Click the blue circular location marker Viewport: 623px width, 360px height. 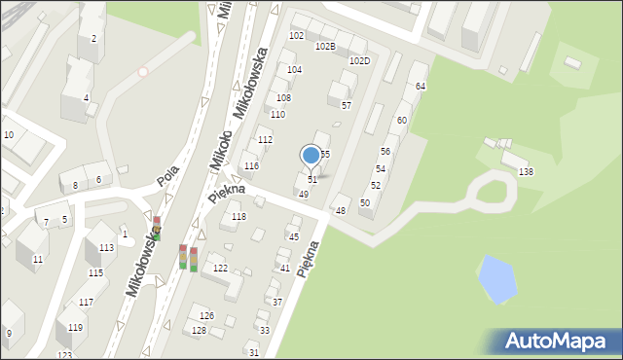coord(311,155)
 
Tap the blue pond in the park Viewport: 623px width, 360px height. coord(496,278)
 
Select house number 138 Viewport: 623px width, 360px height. coord(526,172)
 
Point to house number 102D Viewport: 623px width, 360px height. coord(359,60)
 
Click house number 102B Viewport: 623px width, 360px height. coord(325,46)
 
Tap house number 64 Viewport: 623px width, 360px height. coord(421,87)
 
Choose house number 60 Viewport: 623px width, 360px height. coord(401,120)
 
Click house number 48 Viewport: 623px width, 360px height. coord(341,211)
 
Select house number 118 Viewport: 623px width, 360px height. coord(239,217)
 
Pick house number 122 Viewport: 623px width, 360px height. coord(221,268)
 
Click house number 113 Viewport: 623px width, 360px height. coord(106,248)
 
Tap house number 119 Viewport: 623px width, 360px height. coord(75,328)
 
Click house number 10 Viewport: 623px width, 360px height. coord(8,134)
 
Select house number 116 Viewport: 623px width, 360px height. coord(251,166)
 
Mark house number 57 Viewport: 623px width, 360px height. coord(346,105)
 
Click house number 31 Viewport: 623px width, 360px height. coord(254,352)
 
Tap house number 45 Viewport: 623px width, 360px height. coord(293,236)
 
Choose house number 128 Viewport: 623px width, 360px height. coord(199,331)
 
